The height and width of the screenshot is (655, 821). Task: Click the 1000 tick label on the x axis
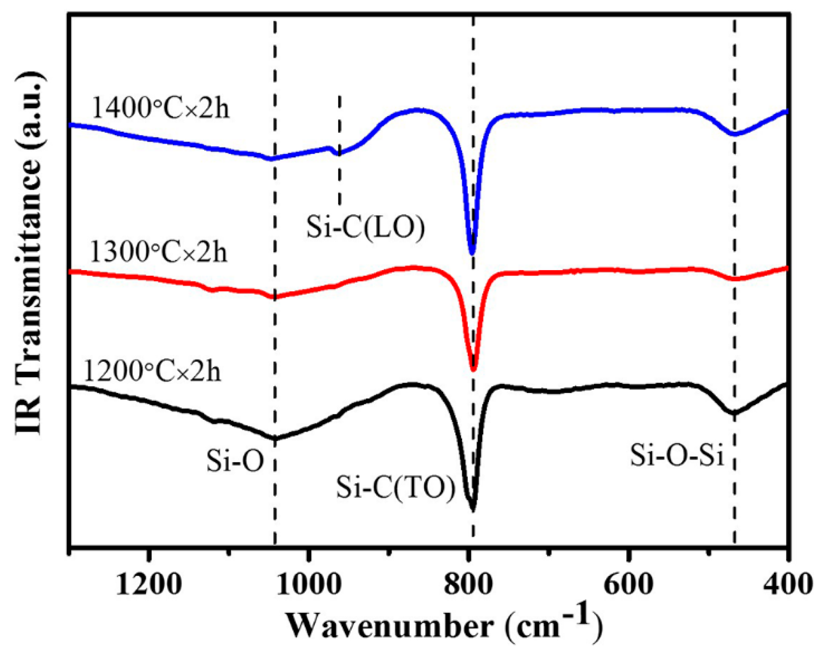point(310,585)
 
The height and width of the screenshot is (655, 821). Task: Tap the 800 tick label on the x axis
point(469,585)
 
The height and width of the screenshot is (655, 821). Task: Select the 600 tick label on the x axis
point(628,585)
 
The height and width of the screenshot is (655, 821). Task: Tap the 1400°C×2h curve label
point(161,108)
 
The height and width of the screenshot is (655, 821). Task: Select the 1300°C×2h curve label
point(159,252)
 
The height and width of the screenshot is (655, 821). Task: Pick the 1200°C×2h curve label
point(152,371)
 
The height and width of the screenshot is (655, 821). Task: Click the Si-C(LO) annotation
point(366,228)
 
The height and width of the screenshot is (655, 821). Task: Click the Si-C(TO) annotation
point(396,488)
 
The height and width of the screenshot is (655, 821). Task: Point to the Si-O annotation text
point(235,461)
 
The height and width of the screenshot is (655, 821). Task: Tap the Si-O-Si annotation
point(677,455)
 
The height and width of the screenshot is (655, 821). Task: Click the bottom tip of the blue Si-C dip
point(472,253)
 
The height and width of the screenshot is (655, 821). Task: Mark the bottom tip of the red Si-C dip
point(474,369)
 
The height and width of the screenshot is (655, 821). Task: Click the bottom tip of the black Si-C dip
point(473,509)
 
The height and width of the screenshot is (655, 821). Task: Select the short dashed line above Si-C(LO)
point(339,150)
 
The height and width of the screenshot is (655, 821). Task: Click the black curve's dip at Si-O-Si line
point(734,413)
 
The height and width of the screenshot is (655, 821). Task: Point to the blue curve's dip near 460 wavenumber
point(734,134)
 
